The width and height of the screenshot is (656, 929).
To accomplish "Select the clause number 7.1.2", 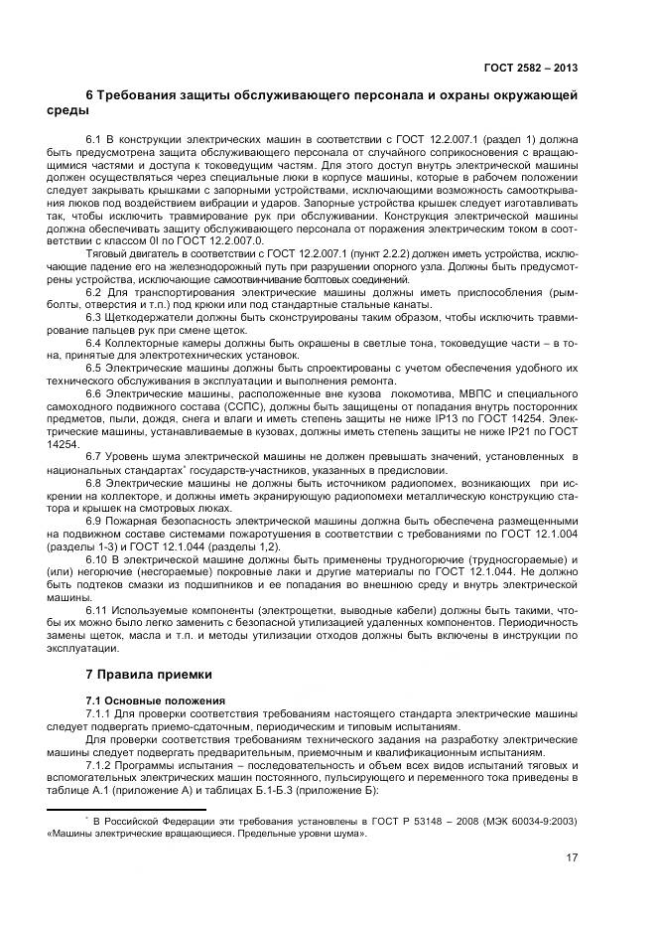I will [x=101, y=765].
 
